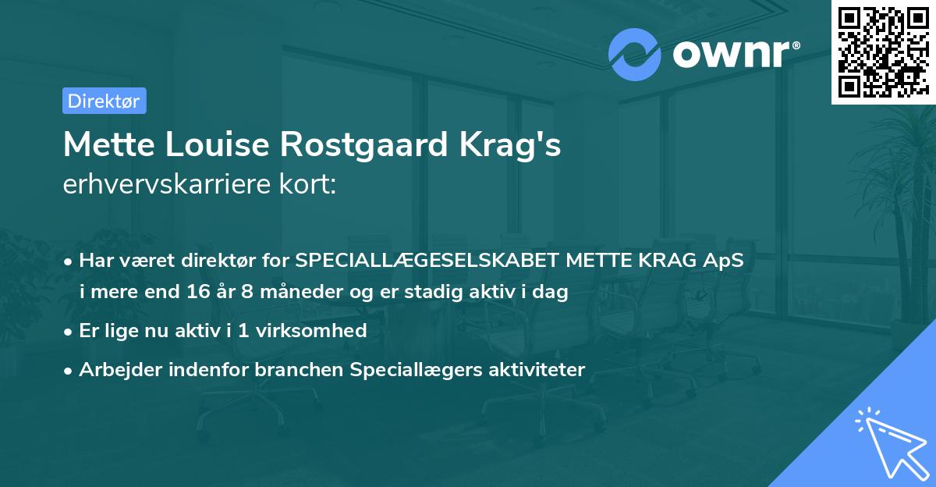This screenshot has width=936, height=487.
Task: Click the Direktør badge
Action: [104, 101]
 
